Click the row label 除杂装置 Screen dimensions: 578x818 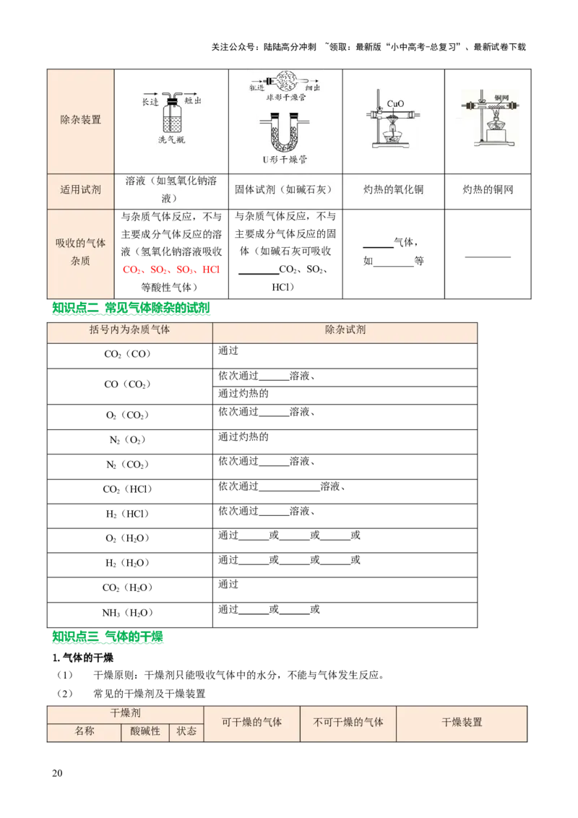pyautogui.click(x=80, y=119)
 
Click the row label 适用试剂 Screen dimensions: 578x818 pyautogui.click(x=80, y=191)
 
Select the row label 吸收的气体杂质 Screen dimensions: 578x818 pyautogui.click(x=80, y=252)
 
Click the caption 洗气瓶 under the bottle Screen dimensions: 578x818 pyautogui.click(x=171, y=140)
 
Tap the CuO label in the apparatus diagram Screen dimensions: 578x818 pyautogui.click(x=394, y=103)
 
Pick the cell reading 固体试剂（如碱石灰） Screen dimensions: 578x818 pyautogui.click(x=283, y=191)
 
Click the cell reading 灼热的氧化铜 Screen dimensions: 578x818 pyautogui.click(x=393, y=191)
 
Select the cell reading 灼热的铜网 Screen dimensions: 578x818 pyautogui.click(x=488, y=191)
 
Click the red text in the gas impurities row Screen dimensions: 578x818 pyautogui.click(x=173, y=270)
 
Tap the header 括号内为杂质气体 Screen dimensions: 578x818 pyautogui.click(x=129, y=330)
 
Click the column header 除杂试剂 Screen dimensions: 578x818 pyautogui.click(x=345, y=330)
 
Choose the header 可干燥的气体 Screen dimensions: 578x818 pyautogui.click(x=251, y=722)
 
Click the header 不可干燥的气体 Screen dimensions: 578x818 pyautogui.click(x=348, y=722)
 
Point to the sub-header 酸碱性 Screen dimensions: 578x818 pyautogui.click(x=144, y=731)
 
